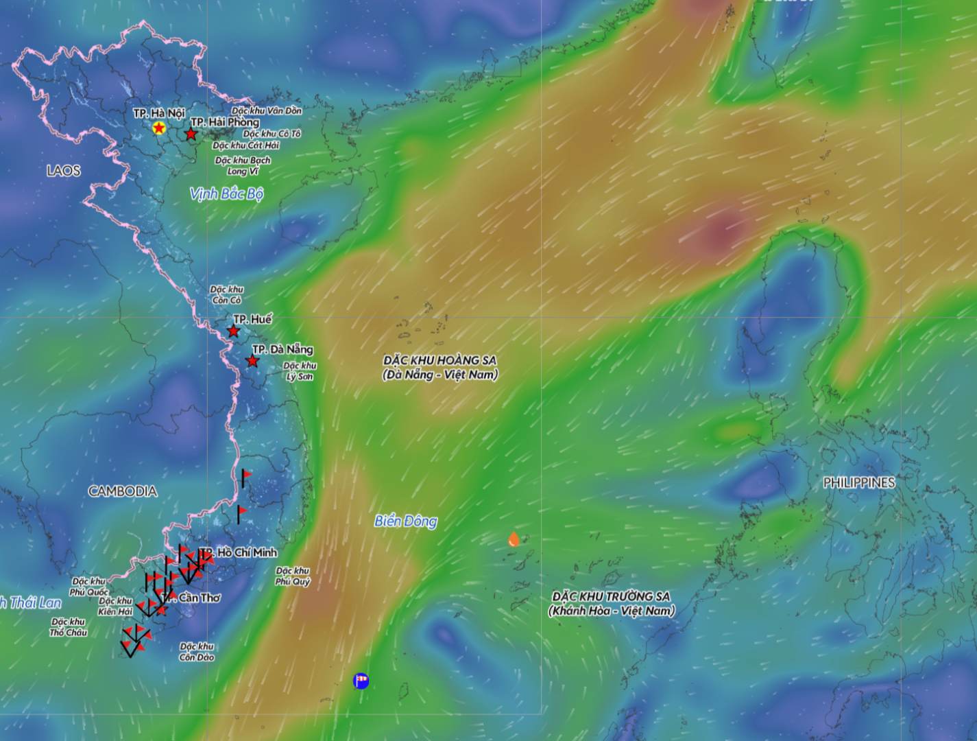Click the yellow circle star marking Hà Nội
click(x=159, y=128)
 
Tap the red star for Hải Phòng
click(x=191, y=134)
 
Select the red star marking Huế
click(x=233, y=331)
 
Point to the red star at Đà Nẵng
click(x=252, y=361)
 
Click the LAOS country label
click(x=64, y=171)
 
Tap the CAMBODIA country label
click(x=123, y=491)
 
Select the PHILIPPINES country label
click(x=859, y=483)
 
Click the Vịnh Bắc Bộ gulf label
click(x=226, y=194)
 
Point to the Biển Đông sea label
click(x=405, y=521)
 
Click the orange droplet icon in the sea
click(x=514, y=539)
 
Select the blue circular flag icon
click(x=361, y=681)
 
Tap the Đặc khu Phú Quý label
click(x=293, y=576)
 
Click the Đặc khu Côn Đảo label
click(x=197, y=652)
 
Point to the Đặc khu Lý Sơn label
click(x=300, y=371)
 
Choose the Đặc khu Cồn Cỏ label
click(x=226, y=295)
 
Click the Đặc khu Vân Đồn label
click(x=267, y=110)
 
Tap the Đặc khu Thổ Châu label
click(x=69, y=627)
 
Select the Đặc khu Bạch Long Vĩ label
click(x=243, y=165)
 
